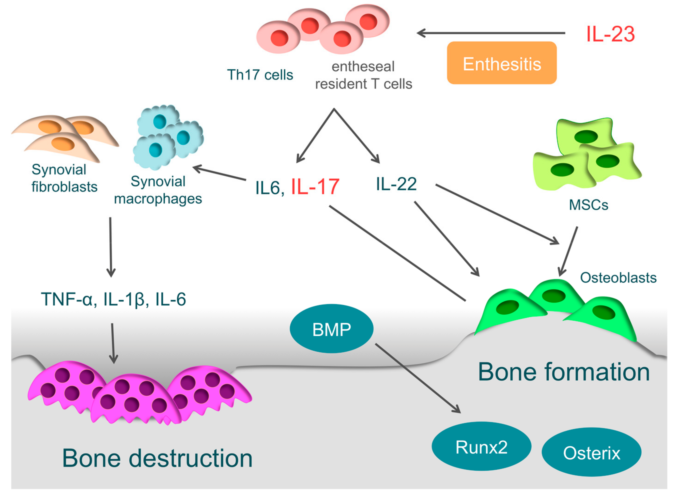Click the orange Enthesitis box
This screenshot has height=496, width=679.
click(502, 63)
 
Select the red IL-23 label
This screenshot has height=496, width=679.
click(610, 34)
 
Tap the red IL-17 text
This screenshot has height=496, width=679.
click(315, 187)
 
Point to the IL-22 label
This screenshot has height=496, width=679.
click(396, 184)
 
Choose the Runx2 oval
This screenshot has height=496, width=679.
click(481, 447)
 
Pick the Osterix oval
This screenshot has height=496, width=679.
click(591, 453)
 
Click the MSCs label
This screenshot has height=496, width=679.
click(588, 205)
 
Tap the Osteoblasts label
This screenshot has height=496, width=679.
click(618, 278)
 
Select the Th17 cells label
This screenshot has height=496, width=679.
click(260, 75)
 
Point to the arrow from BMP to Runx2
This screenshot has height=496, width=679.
click(417, 378)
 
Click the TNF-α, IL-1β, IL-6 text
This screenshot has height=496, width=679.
click(113, 299)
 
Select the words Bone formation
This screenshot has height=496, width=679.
click(564, 372)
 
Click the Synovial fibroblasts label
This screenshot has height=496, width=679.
click(64, 178)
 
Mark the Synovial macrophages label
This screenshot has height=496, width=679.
click(158, 190)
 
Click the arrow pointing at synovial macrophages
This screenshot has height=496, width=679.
click(219, 173)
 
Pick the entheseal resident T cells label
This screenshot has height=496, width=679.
click(363, 75)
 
